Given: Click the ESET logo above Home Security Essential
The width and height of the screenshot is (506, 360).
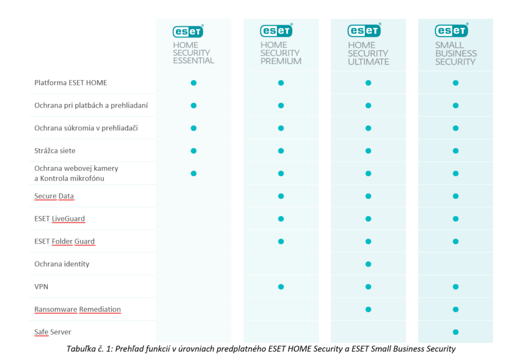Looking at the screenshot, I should click(x=188, y=31).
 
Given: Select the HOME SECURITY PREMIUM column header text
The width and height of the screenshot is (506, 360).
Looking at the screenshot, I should click(x=281, y=53).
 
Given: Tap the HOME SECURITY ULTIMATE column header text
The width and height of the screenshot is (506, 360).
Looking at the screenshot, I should click(x=368, y=53).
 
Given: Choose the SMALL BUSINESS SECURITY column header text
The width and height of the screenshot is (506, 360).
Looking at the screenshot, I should click(x=456, y=53).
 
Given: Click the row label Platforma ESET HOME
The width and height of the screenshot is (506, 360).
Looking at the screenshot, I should click(x=71, y=82).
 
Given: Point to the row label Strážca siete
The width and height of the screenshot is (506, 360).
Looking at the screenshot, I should click(x=55, y=151).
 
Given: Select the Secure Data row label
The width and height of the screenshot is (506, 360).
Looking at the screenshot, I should click(x=54, y=196).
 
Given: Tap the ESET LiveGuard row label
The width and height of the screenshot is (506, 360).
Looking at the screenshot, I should click(x=60, y=219).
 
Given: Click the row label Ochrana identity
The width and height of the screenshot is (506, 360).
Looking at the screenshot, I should click(x=62, y=264).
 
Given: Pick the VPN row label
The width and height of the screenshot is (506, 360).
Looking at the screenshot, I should click(x=42, y=286).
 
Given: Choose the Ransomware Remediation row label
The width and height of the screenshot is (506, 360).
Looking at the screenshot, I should click(x=78, y=309).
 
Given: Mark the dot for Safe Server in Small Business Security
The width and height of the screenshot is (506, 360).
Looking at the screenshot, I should click(x=456, y=332).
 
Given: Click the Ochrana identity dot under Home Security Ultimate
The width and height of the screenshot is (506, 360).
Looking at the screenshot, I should click(x=368, y=264).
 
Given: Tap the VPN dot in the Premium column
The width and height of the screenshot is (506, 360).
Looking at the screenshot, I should click(x=281, y=286).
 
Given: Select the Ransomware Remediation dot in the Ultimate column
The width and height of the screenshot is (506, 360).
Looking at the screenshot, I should click(x=368, y=309).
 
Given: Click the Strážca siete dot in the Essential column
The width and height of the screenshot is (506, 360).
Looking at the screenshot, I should click(x=194, y=151).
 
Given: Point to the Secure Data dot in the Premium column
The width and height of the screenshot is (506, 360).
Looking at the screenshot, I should click(x=281, y=196).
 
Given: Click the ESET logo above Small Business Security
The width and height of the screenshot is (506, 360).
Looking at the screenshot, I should click(x=451, y=31).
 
